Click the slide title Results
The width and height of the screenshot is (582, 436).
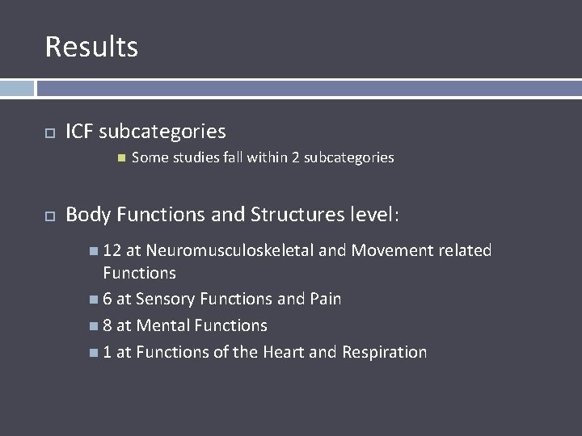pyautogui.click(x=91, y=47)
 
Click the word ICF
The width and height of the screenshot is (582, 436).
pyautogui.click(x=79, y=131)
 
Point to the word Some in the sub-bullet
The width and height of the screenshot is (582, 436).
pyautogui.click(x=148, y=157)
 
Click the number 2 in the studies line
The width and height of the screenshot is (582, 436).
pyautogui.click(x=296, y=157)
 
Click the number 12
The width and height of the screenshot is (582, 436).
pyautogui.click(x=112, y=250)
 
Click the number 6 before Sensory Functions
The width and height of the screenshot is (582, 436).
pyautogui.click(x=108, y=299)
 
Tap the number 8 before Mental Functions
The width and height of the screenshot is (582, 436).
pyautogui.click(x=108, y=325)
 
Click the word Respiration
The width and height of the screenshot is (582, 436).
pyautogui.click(x=384, y=352)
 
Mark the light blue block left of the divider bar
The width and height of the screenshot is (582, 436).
pyautogui.click(x=17, y=88)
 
